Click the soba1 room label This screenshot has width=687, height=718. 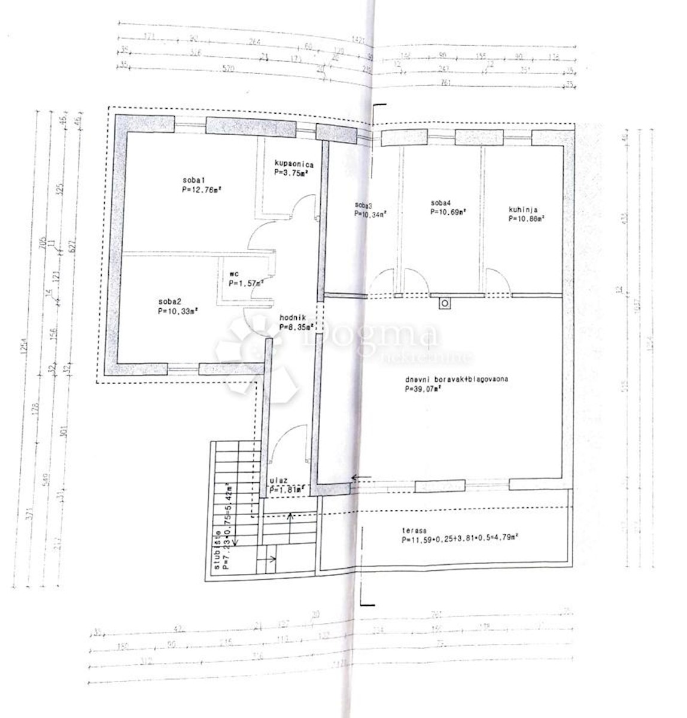pos(194,180)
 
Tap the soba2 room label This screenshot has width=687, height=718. pos(171,301)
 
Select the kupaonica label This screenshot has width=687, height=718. pos(294,163)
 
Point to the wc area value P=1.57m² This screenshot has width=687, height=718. pos(246,283)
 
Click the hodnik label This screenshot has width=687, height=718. pos(293,318)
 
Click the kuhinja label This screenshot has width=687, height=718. pos(524,209)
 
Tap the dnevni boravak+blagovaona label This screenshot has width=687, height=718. pos(457,379)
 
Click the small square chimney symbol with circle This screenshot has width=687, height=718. pos(445,303)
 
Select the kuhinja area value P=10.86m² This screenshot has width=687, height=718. pos(526,219)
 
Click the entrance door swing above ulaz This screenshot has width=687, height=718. pos(287,443)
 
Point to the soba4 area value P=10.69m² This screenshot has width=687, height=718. pos(448,211)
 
